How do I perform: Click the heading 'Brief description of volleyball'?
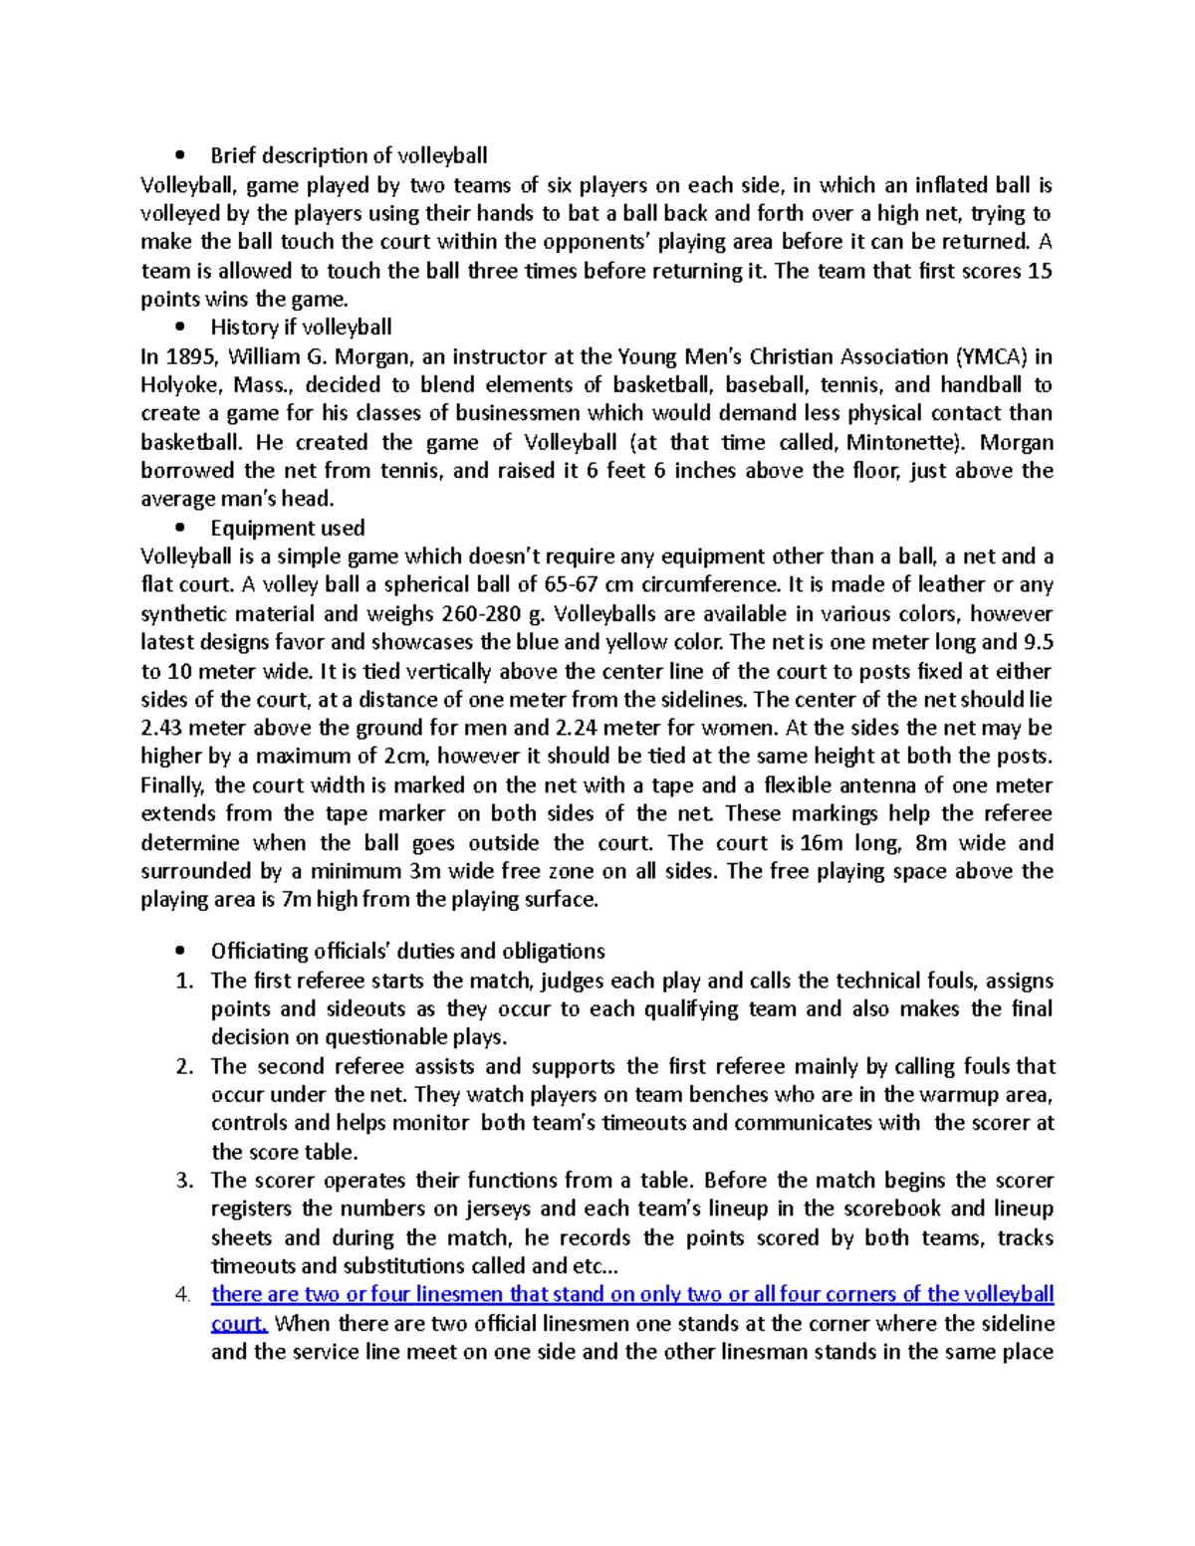(x=349, y=155)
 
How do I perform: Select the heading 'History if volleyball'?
(x=301, y=328)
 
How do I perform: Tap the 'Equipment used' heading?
(x=288, y=528)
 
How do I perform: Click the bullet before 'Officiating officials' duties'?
(x=179, y=952)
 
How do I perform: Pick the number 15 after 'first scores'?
(x=1040, y=271)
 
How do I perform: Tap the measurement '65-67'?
(x=571, y=585)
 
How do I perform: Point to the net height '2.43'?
(x=164, y=729)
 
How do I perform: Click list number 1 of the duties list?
(x=183, y=982)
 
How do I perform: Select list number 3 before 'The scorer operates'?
(x=183, y=1182)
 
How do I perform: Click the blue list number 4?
(x=181, y=1295)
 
